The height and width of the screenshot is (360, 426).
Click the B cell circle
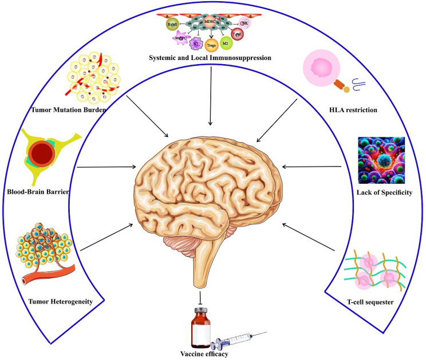click(171, 25)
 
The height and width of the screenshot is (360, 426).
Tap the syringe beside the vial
click(238, 340)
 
